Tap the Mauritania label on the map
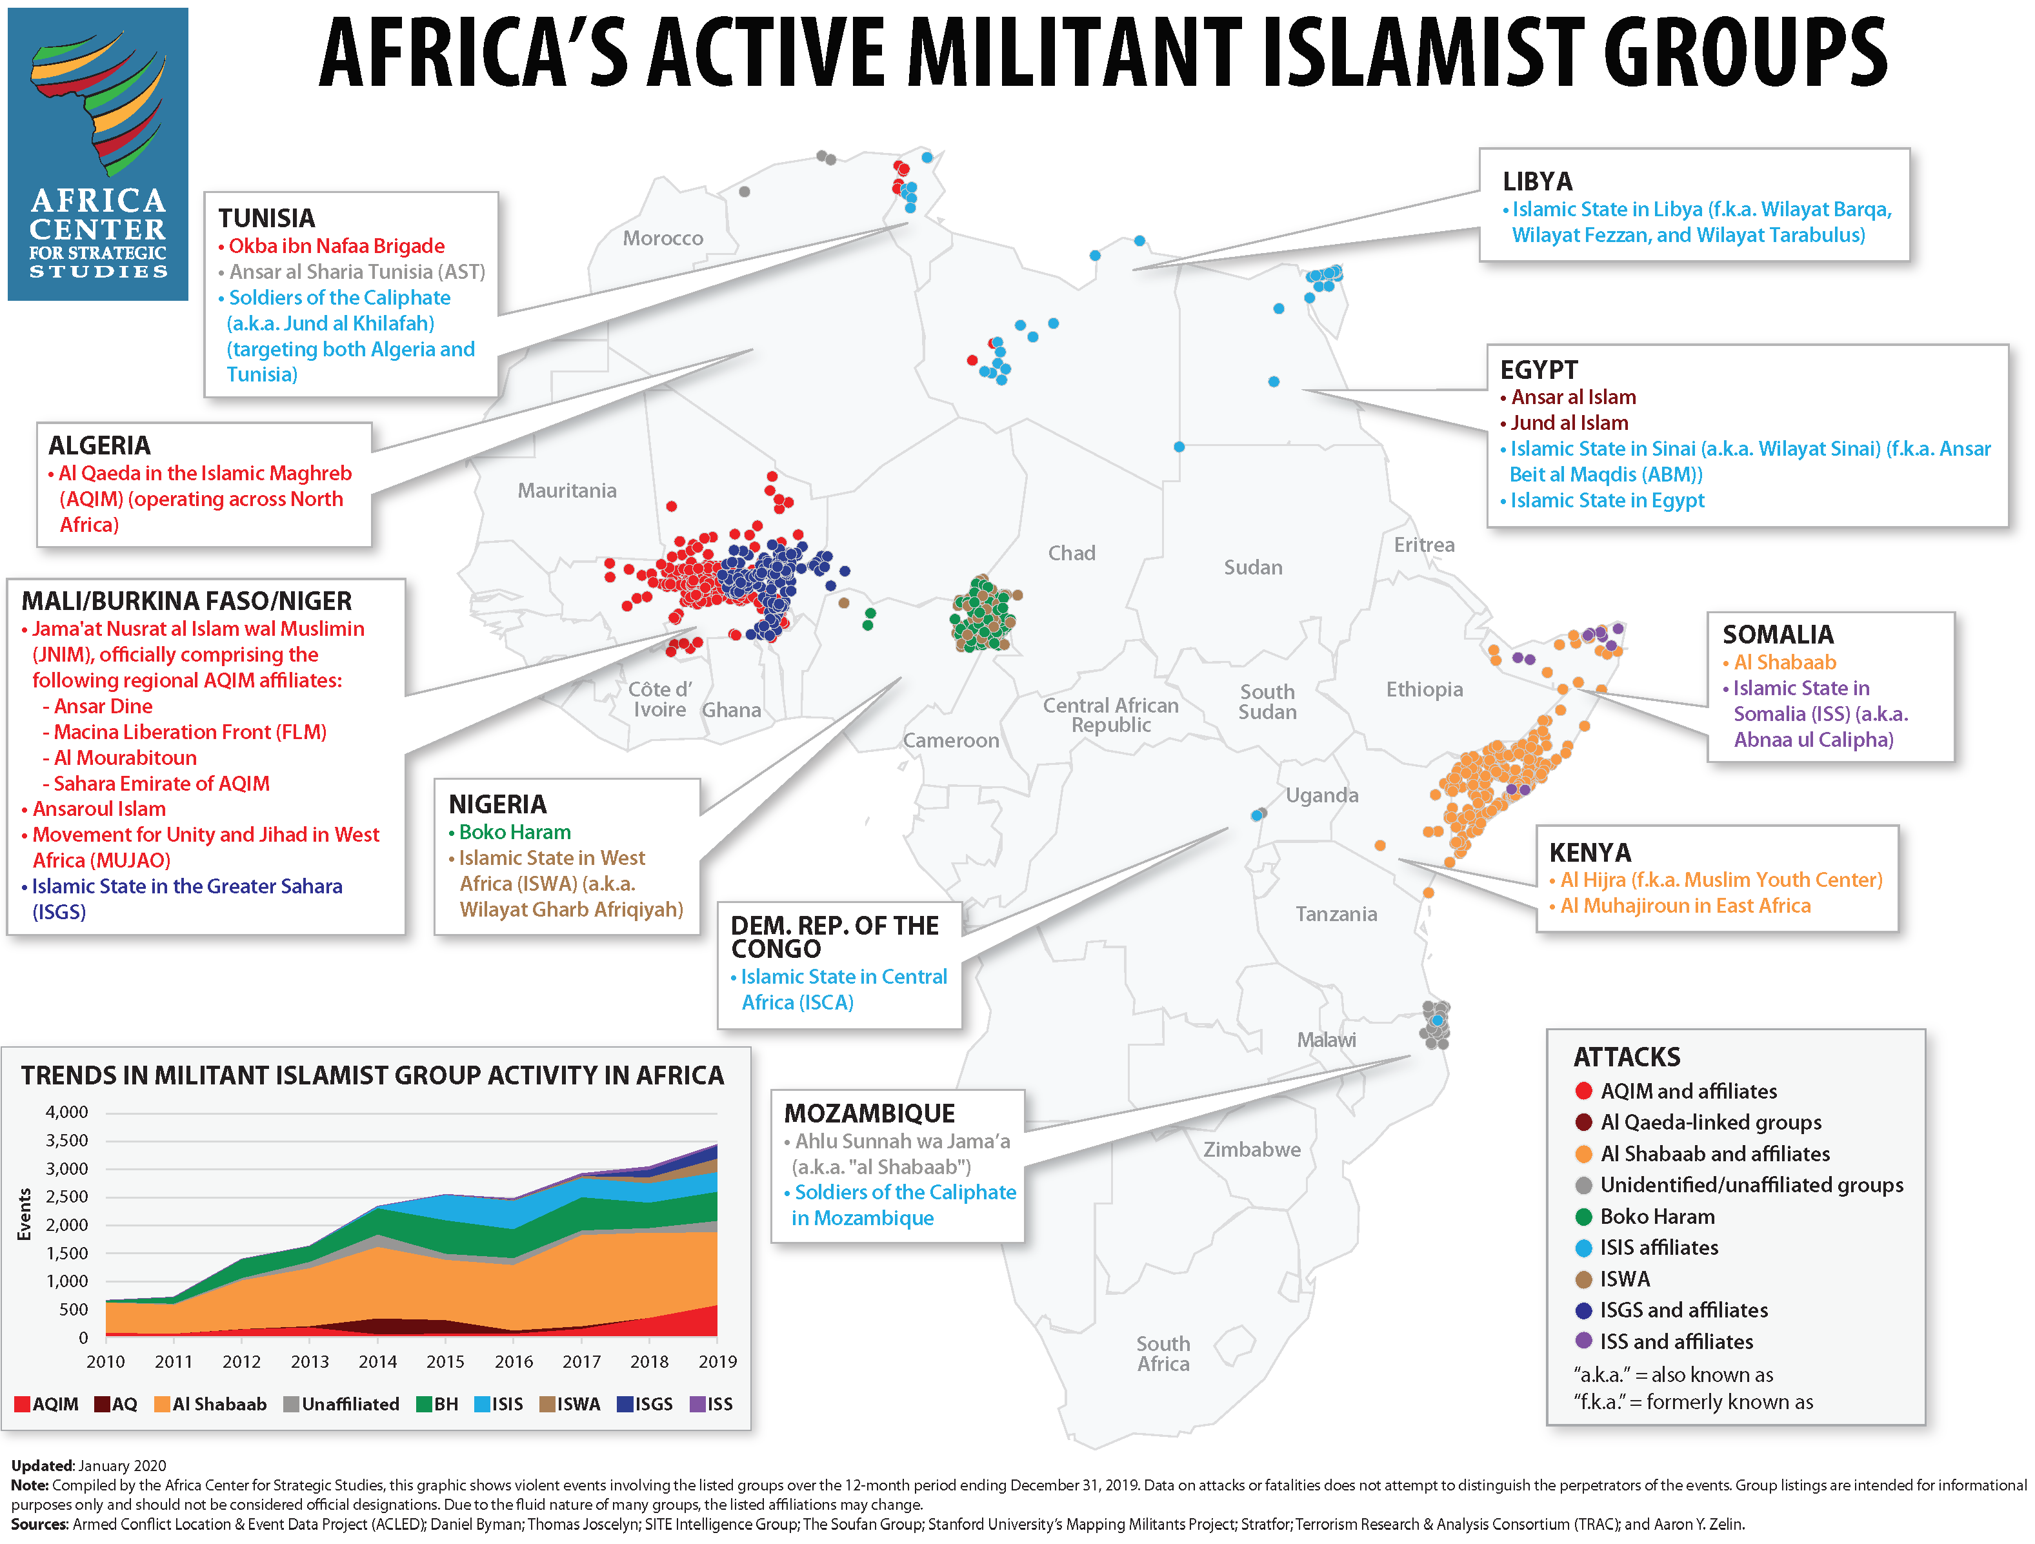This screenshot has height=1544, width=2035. click(566, 491)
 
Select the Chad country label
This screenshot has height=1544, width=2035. click(1071, 553)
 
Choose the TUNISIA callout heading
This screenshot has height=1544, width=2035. click(266, 218)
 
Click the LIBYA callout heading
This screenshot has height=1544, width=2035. click(1538, 181)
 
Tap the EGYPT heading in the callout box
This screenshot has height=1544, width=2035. click(1538, 370)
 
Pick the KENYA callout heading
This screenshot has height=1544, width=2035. click(1590, 852)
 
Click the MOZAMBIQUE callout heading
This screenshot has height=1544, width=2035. click(869, 1113)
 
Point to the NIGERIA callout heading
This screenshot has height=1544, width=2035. click(497, 804)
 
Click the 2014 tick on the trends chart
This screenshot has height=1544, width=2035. click(377, 1361)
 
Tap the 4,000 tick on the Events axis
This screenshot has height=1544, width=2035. click(67, 1112)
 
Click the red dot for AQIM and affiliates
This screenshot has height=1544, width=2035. click(1583, 1092)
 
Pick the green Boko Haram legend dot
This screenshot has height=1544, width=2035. click(1583, 1217)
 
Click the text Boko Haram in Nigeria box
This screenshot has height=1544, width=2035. click(514, 832)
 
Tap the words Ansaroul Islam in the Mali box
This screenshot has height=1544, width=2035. click(99, 809)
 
